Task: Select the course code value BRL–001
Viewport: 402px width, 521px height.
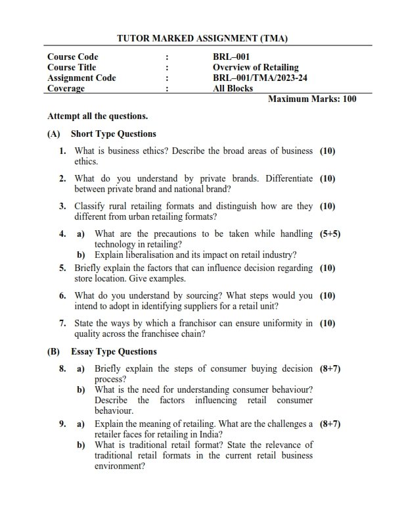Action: pyautogui.click(x=231, y=57)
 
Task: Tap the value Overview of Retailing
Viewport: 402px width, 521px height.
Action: pyautogui.click(x=256, y=68)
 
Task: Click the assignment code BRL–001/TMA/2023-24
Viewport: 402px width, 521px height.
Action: pyautogui.click(x=261, y=78)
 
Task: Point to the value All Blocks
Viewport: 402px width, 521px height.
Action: pyautogui.click(x=233, y=88)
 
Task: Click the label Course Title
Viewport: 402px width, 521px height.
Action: pyautogui.click(x=72, y=68)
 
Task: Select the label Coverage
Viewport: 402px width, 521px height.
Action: pyautogui.click(x=66, y=88)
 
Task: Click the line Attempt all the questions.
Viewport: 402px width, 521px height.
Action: pyautogui.click(x=97, y=116)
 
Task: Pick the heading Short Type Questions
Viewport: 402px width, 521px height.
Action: pyautogui.click(x=114, y=134)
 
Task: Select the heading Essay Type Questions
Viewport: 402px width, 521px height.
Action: pyautogui.click(x=114, y=351)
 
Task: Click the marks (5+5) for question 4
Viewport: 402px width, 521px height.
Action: pyautogui.click(x=330, y=234)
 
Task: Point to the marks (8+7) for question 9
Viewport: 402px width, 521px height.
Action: pyautogui.click(x=330, y=425)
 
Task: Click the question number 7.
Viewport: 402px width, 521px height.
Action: pyautogui.click(x=62, y=323)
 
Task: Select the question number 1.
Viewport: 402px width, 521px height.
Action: pyautogui.click(x=62, y=151)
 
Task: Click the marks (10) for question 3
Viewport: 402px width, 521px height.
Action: pyautogui.click(x=327, y=206)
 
